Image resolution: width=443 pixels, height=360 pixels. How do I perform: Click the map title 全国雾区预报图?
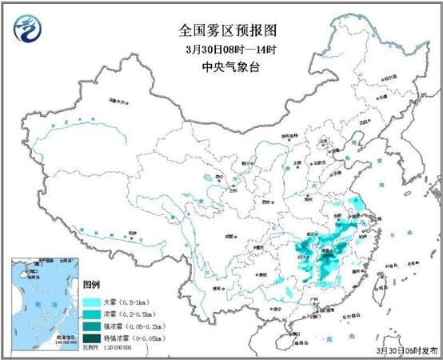[x=221, y=31]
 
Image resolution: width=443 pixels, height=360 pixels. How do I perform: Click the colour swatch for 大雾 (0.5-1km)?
[x=91, y=303]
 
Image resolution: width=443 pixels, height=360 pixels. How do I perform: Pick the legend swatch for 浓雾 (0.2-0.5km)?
[x=91, y=315]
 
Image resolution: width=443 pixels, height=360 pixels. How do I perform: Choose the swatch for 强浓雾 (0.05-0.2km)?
[x=91, y=327]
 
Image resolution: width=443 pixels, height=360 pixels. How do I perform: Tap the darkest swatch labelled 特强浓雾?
[x=91, y=339]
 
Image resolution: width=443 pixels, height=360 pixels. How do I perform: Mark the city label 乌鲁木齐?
[x=118, y=102]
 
